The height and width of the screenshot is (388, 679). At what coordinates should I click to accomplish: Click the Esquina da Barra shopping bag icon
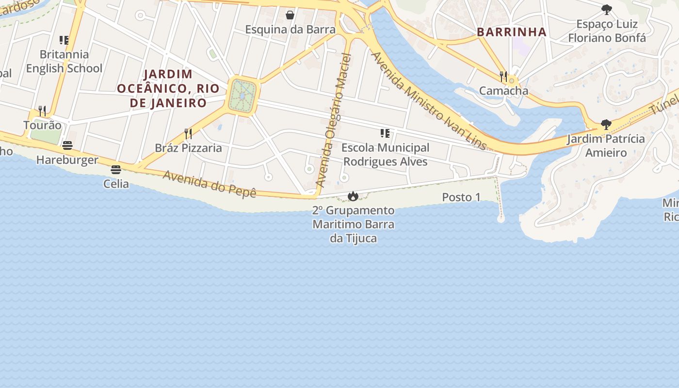point(290,15)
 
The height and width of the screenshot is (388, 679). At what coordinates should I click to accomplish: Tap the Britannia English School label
point(64,61)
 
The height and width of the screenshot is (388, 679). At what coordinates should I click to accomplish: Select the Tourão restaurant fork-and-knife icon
point(42,111)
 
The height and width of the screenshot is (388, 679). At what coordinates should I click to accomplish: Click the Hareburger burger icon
point(67,145)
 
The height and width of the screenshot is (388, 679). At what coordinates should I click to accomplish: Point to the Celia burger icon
point(116,170)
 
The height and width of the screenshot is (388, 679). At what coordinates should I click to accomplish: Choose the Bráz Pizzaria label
point(188,148)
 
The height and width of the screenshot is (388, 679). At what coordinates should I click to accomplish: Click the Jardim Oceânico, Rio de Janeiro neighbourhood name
point(168,89)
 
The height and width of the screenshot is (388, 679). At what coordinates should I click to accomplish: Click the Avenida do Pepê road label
point(209,184)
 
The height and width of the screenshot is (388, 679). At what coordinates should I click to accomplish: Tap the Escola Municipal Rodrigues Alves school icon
point(385,133)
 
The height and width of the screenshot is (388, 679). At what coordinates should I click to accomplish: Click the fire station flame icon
point(353,196)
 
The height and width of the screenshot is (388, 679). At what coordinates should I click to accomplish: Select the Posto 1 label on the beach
point(461,197)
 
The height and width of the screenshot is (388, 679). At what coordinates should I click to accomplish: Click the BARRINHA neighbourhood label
point(512,32)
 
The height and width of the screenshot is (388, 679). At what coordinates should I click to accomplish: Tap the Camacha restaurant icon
point(503,77)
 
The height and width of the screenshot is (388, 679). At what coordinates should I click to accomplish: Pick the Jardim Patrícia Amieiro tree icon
point(606,125)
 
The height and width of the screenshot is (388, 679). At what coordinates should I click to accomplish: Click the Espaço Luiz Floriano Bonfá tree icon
point(606,10)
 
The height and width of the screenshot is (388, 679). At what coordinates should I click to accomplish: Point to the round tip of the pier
point(501,219)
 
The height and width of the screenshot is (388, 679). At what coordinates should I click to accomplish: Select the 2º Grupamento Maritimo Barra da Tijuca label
point(353,225)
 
